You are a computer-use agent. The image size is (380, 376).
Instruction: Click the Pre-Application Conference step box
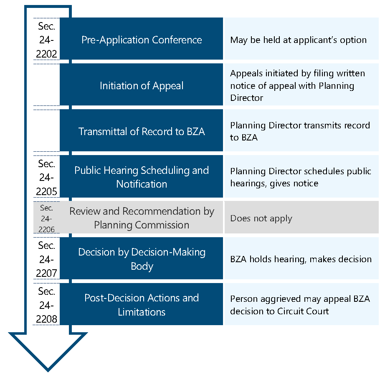point(141,38)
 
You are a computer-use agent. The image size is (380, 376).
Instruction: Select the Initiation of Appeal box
point(141,85)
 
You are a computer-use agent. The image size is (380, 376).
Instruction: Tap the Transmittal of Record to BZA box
point(141,130)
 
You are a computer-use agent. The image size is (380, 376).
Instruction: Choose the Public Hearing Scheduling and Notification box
point(141,176)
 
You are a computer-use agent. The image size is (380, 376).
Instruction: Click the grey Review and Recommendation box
point(141,217)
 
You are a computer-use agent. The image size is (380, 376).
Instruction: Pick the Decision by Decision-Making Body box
point(141,258)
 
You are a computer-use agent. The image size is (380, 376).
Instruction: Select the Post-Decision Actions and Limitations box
point(141,304)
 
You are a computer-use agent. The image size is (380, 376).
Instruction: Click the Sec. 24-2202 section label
point(46,40)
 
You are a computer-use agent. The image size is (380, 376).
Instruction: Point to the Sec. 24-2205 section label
point(46,178)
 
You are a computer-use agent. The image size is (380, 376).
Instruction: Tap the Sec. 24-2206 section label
point(46,218)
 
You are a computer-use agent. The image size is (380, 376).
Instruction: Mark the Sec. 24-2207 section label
point(46,259)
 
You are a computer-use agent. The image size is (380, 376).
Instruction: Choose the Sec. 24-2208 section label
point(46,306)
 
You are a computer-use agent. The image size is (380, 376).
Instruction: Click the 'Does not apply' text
point(261,218)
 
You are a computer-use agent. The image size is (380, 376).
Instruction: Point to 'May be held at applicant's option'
point(298,40)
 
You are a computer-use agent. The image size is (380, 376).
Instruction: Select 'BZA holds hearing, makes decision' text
point(301,259)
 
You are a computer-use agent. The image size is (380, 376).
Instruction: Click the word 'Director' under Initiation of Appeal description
point(246,98)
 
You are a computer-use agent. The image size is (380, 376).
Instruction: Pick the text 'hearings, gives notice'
point(274,184)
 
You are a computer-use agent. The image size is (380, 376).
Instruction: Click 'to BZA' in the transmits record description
point(244,138)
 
